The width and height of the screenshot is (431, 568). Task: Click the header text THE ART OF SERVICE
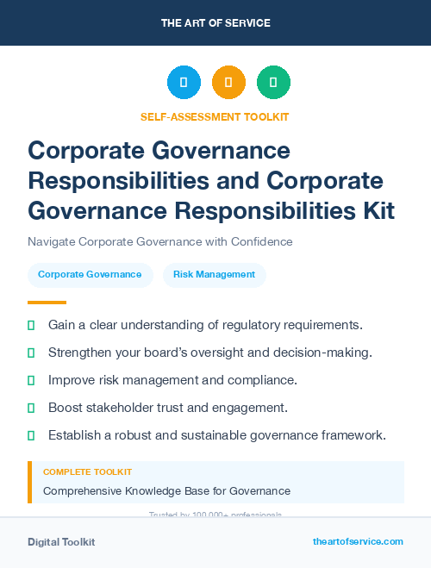(215, 23)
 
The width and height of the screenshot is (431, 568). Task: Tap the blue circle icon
(184, 83)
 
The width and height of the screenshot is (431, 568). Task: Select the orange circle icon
(228, 83)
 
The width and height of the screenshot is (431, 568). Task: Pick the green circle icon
(273, 83)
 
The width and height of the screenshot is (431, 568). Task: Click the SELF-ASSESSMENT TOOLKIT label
(215, 116)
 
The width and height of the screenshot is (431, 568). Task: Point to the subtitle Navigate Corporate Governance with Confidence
(159, 241)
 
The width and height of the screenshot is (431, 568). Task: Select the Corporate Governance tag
(91, 274)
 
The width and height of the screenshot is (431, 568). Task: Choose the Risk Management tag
(214, 274)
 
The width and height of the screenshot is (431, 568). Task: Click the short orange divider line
(47, 303)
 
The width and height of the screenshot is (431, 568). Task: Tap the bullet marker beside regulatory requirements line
(31, 325)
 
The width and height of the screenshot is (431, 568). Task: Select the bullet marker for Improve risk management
(31, 380)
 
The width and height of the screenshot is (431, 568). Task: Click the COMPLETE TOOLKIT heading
(87, 471)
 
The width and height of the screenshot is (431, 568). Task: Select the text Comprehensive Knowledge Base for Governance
(166, 490)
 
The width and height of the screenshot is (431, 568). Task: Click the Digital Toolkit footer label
(61, 541)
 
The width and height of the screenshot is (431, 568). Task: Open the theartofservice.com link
(358, 541)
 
